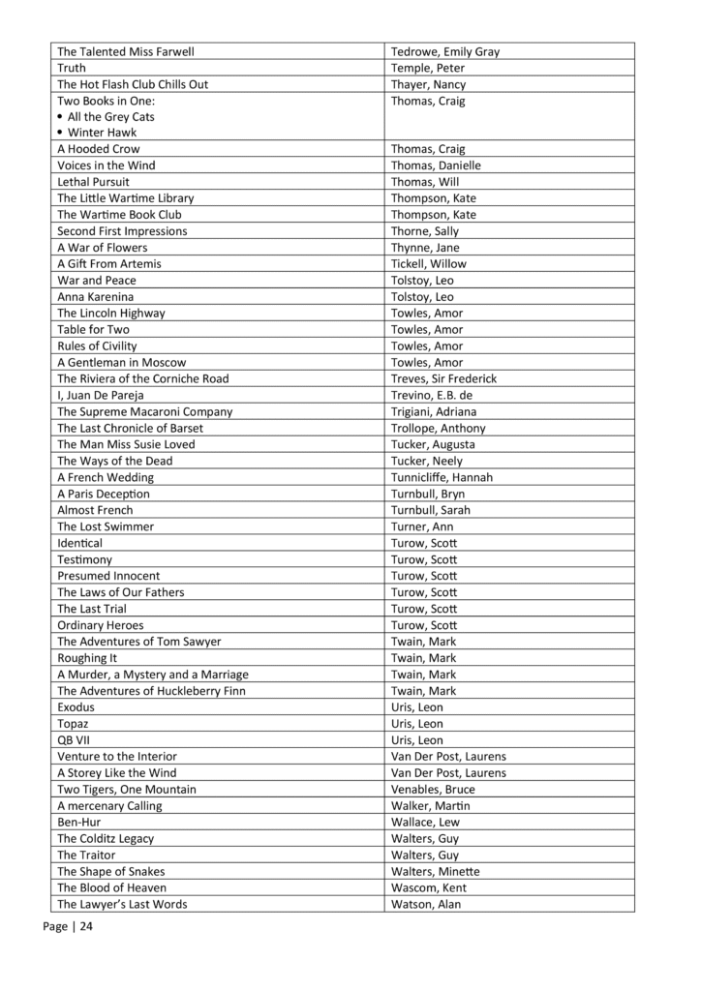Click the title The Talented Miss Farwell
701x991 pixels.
(x=133, y=51)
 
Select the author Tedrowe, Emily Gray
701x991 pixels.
(x=444, y=51)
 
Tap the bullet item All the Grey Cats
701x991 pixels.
(x=110, y=116)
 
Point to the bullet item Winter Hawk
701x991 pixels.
(x=102, y=133)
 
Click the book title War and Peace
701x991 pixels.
(x=97, y=280)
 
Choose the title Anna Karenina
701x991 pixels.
(x=95, y=296)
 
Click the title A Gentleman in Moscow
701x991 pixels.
(x=123, y=362)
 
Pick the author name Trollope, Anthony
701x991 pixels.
(x=438, y=428)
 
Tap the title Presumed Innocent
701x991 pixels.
(x=108, y=575)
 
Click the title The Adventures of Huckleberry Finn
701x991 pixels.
(x=151, y=690)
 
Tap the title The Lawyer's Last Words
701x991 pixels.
(x=122, y=904)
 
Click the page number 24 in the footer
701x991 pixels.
(x=86, y=927)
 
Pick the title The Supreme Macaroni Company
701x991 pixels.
(x=144, y=411)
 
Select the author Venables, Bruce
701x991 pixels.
(x=434, y=789)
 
